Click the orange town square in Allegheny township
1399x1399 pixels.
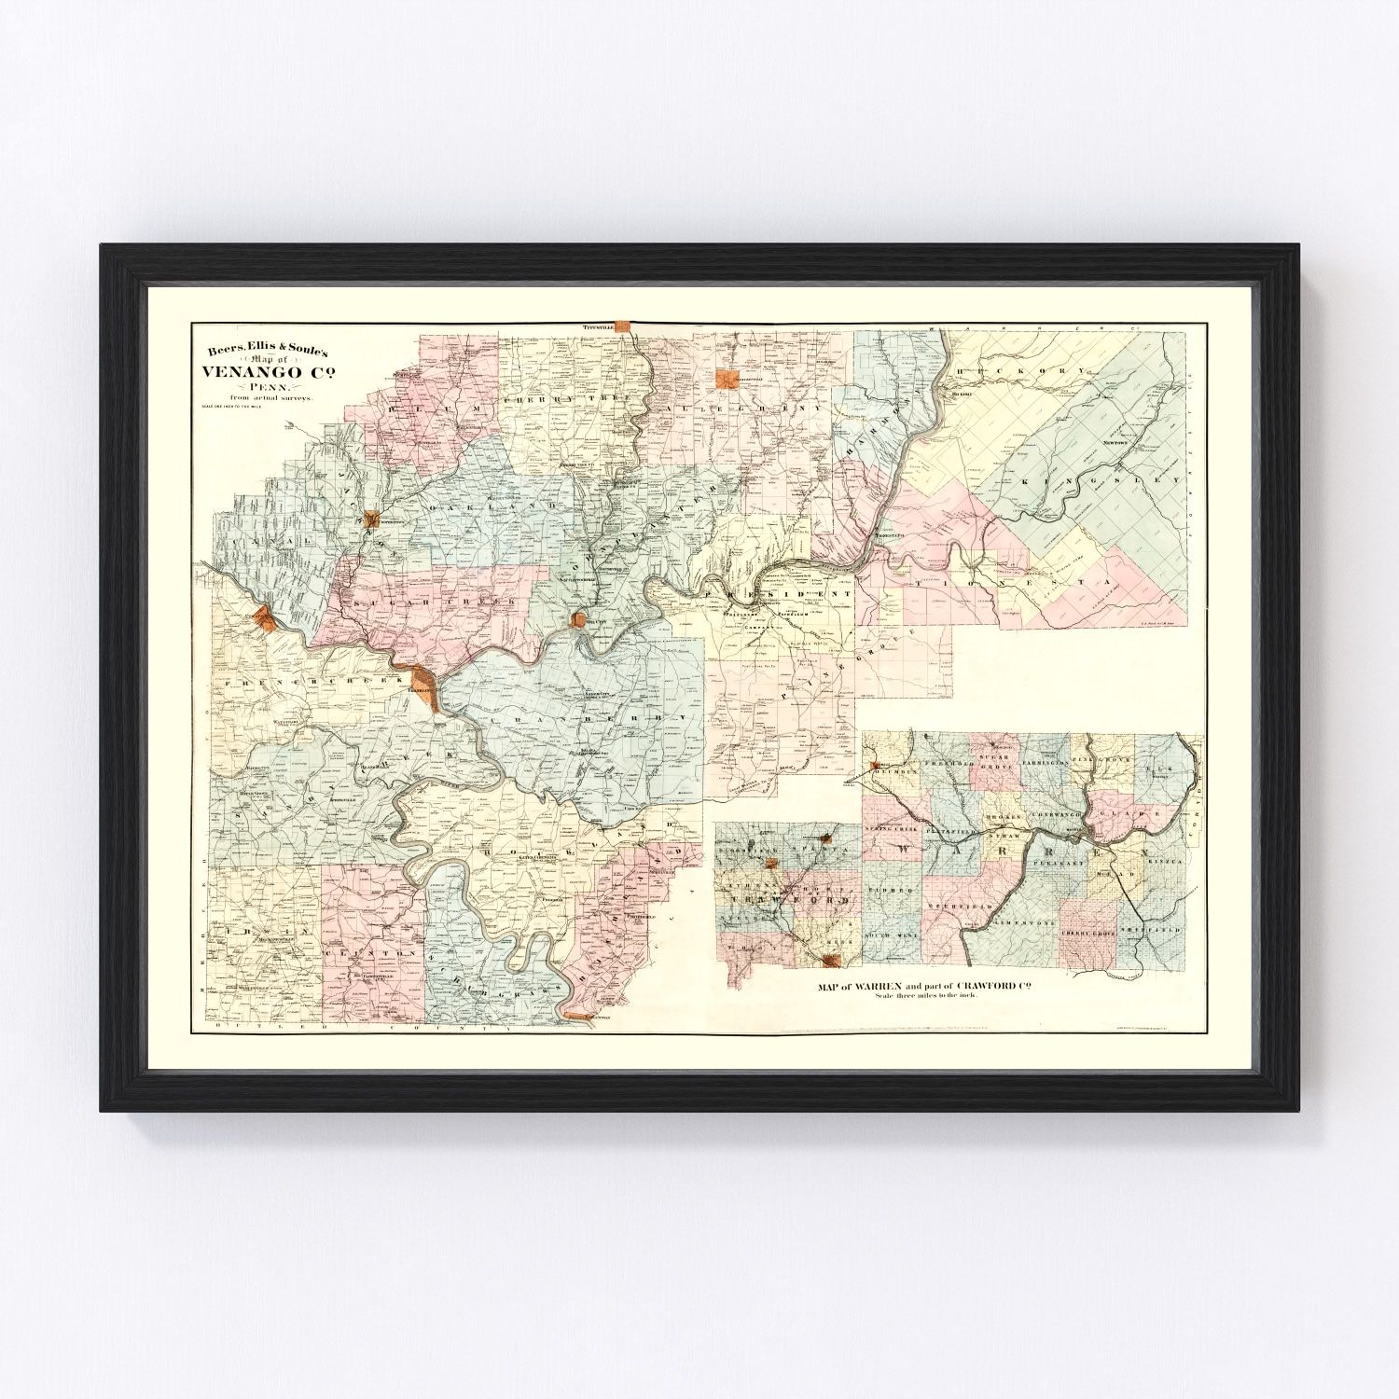tap(722, 378)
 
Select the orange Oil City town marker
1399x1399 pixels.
tap(579, 619)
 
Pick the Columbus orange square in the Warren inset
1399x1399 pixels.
tap(874, 767)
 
